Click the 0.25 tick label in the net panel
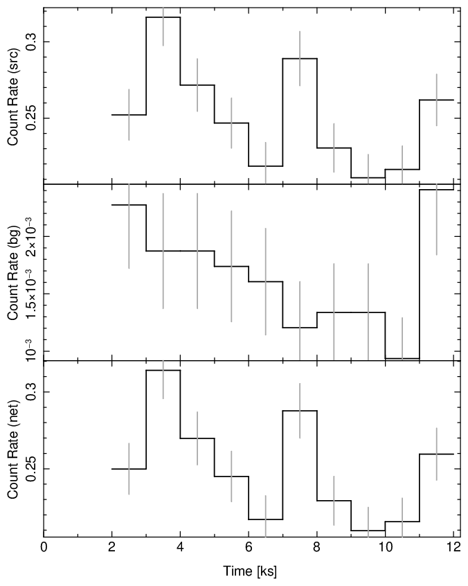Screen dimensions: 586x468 [30, 469]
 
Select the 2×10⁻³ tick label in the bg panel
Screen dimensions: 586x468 [30, 236]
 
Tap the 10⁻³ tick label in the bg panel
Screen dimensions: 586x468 [30, 351]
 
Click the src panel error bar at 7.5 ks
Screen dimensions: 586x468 [300, 58]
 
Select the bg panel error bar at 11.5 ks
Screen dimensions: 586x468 [436, 222]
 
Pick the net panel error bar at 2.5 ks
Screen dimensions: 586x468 [129, 469]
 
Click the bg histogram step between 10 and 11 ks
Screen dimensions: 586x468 [402, 358]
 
